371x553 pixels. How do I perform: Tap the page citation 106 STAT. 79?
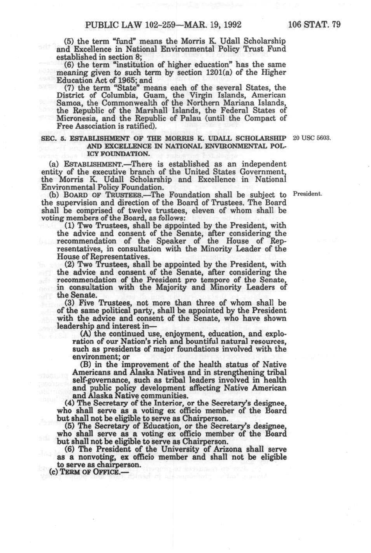click(x=314, y=25)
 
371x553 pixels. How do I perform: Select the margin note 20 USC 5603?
click(x=312, y=138)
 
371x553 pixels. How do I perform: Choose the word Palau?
click(x=201, y=118)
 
